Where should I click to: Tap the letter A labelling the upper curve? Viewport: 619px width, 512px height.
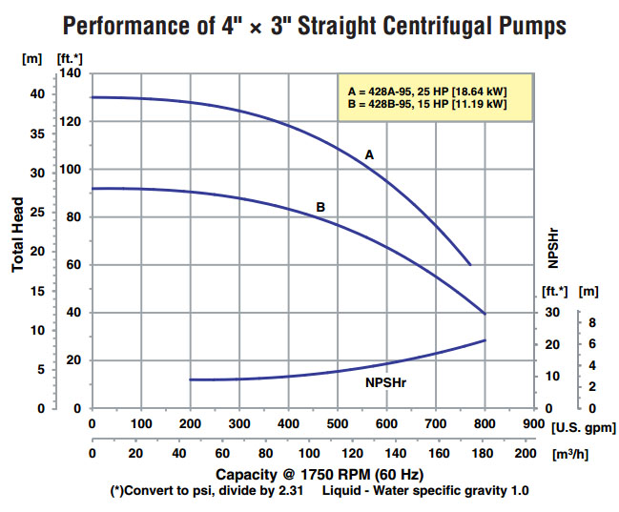(370, 154)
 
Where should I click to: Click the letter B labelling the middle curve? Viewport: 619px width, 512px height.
(321, 207)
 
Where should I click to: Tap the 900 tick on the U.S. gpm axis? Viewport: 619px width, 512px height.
(534, 422)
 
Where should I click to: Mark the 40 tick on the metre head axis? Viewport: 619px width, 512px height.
(35, 93)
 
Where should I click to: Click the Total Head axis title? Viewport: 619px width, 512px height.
(18, 240)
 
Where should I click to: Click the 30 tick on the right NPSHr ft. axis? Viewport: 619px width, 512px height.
(552, 313)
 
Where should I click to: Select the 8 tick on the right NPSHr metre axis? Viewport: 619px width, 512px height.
(591, 322)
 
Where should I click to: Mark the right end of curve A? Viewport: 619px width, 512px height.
(470, 264)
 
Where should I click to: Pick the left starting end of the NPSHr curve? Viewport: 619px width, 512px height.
(191, 379)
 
